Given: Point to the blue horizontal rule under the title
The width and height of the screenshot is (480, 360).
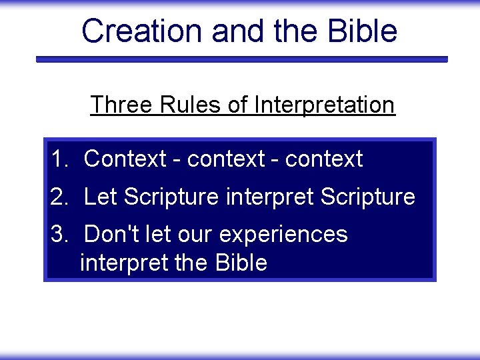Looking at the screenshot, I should [241, 59].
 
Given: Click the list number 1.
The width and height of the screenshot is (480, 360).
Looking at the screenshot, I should [60, 159].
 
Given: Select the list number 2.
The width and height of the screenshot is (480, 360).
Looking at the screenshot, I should [60, 197].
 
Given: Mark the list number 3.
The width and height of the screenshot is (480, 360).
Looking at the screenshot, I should [60, 235].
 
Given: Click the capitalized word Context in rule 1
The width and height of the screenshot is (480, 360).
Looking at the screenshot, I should [125, 159].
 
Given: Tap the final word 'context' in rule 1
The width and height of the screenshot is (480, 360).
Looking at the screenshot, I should [323, 159].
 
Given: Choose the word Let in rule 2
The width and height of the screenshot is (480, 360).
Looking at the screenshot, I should [101, 197].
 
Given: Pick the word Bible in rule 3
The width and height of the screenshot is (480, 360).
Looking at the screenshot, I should [241, 263].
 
